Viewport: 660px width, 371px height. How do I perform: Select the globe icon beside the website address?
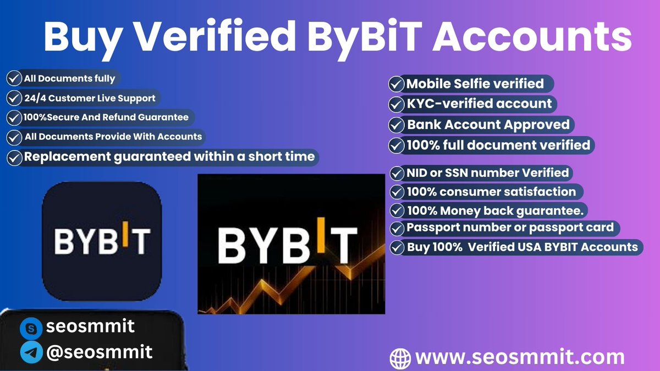(400, 359)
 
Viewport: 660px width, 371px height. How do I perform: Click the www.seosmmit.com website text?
(520, 358)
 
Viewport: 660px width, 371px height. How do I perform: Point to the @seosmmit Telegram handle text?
(99, 352)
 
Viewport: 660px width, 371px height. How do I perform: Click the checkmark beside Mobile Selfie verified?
(396, 84)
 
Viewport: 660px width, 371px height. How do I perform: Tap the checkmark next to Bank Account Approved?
(396, 125)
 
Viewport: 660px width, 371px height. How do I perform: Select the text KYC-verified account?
(479, 104)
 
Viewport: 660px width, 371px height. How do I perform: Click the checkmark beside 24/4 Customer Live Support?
(14, 98)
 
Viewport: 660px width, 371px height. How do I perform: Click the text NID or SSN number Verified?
(487, 173)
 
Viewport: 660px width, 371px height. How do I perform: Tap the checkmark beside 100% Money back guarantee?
(397, 211)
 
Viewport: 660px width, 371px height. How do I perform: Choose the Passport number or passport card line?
(510, 228)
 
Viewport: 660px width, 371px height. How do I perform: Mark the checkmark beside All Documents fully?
(14, 78)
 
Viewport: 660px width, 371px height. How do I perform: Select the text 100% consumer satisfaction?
(491, 192)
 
